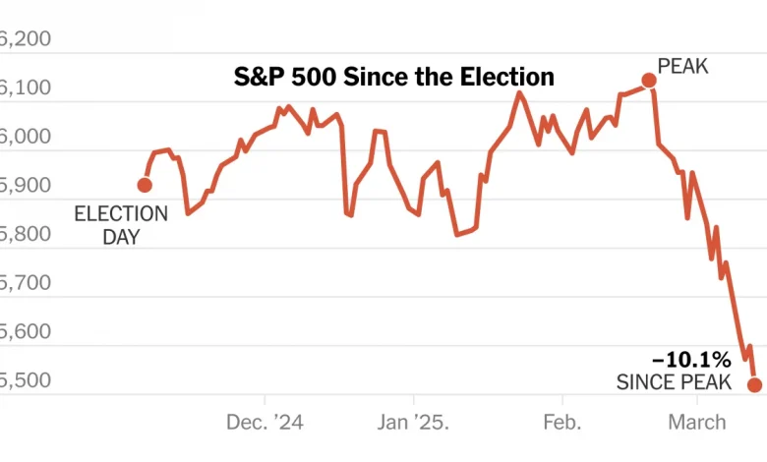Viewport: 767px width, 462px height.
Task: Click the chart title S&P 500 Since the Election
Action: pyautogui.click(x=393, y=76)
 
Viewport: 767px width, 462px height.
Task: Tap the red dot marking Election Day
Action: pyautogui.click(x=145, y=185)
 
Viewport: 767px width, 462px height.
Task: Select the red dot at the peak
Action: pyautogui.click(x=649, y=80)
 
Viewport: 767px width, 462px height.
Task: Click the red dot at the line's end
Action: pyautogui.click(x=754, y=384)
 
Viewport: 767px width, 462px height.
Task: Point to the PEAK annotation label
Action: pyautogui.click(x=682, y=67)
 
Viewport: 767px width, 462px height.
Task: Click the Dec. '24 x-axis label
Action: pyautogui.click(x=265, y=423)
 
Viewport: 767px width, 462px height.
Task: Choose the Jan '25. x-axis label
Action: pyautogui.click(x=413, y=423)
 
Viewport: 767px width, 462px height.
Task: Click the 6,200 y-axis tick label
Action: pyautogui.click(x=25, y=39)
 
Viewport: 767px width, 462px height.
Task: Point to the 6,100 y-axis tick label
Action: pyautogui.click(x=25, y=88)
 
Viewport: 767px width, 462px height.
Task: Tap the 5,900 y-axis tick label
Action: pyautogui.click(x=25, y=186)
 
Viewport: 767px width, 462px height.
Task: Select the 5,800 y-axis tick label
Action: pyautogui.click(x=25, y=235)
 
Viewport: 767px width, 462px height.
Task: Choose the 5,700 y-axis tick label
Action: pyautogui.click(x=25, y=283)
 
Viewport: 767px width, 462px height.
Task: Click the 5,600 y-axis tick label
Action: pyautogui.click(x=25, y=332)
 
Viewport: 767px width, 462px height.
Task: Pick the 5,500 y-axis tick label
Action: pyautogui.click(x=25, y=380)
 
